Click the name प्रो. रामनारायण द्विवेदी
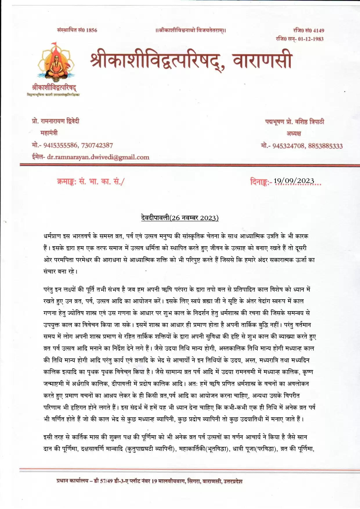coord(56,121)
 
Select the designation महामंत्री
coord(49,133)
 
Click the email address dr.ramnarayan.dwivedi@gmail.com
coord(98,157)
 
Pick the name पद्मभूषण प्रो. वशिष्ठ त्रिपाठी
coord(294,122)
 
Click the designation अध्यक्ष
coord(294,133)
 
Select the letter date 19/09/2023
coord(294,181)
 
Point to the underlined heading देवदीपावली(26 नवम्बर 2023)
coord(178,218)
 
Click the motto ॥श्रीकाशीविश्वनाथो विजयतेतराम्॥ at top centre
coord(191,30)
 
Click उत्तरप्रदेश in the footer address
coord(233,481)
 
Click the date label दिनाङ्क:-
coord(261,182)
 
